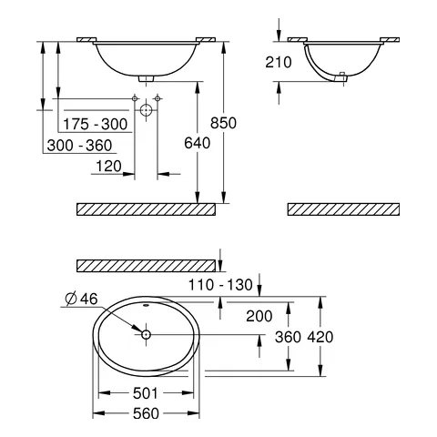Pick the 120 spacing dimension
(x=108, y=166)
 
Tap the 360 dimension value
(x=288, y=336)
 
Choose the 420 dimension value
(x=320, y=336)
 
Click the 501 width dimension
(x=145, y=394)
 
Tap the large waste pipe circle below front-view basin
(x=146, y=108)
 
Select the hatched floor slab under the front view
(x=146, y=208)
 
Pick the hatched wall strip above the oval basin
(x=146, y=265)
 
